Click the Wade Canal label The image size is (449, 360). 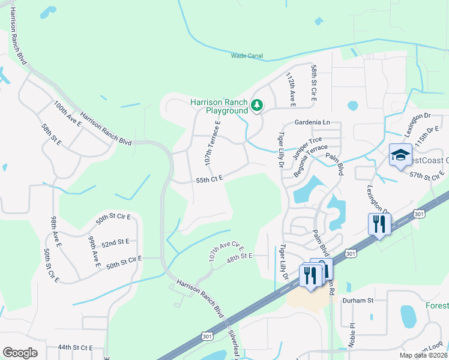pyautogui.click(x=247, y=56)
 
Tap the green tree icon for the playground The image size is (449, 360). pyautogui.click(x=257, y=106)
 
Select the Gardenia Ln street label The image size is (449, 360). pyautogui.click(x=312, y=122)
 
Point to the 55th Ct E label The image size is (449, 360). pyautogui.click(x=209, y=178)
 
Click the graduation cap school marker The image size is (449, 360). pyautogui.click(x=400, y=155)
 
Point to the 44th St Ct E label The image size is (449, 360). pyautogui.click(x=75, y=347)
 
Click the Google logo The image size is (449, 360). pyautogui.click(x=20, y=353)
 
